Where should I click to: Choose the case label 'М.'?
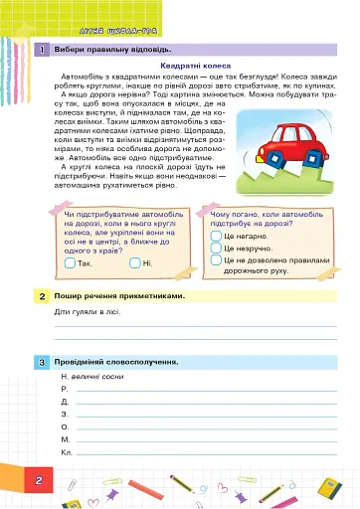(x=66, y=438)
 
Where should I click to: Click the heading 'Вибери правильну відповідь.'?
(x=111, y=49)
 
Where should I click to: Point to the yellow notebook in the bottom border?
(x=326, y=487)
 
